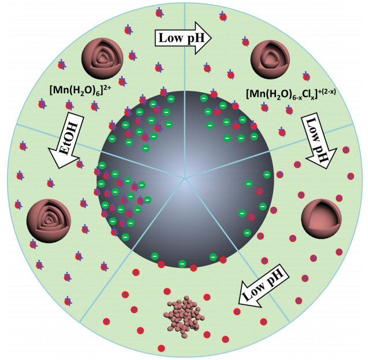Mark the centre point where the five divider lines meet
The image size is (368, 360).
coord(185,178)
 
